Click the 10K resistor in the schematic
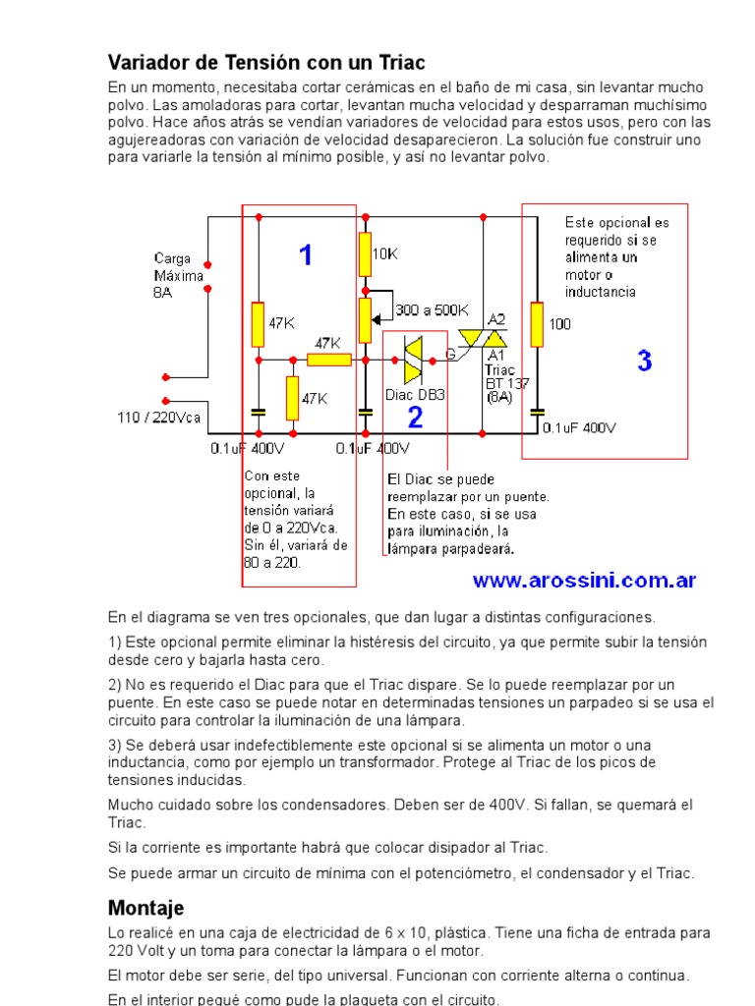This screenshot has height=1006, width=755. click(x=365, y=254)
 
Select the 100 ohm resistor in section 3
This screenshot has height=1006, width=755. click(x=537, y=324)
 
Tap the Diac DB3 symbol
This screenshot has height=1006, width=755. click(x=413, y=363)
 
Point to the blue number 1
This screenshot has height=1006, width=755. click(x=306, y=255)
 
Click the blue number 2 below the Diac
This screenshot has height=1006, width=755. click(x=415, y=419)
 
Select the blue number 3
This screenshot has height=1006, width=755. click(x=644, y=361)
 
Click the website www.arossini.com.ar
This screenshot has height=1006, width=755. click(x=584, y=580)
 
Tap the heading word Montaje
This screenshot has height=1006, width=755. click(x=145, y=907)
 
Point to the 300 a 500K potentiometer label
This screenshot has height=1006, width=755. click(x=433, y=310)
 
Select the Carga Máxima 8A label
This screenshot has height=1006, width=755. click(x=178, y=276)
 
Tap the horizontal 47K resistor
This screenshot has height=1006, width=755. click(x=328, y=360)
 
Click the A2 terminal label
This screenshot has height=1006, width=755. click(x=496, y=319)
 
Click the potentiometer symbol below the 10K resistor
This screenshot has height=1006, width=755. click(x=365, y=315)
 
